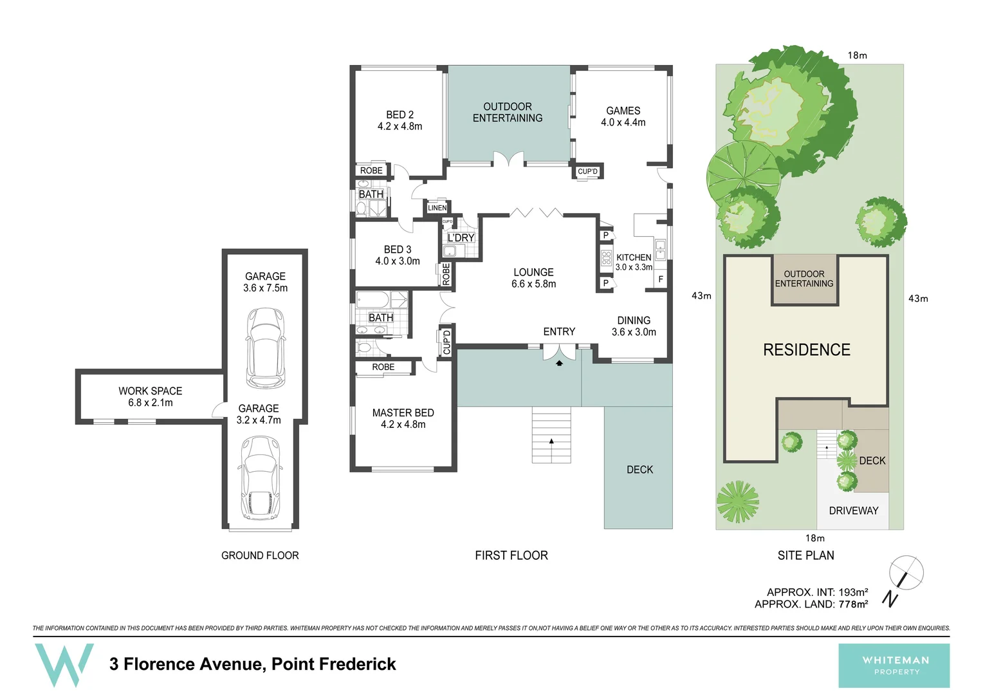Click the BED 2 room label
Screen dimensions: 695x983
click(x=400, y=120)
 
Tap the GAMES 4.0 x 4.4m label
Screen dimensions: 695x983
click(x=623, y=116)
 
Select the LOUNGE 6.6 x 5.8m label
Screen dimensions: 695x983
click(x=533, y=278)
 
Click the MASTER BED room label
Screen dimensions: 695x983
click(x=403, y=418)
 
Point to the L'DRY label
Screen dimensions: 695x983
click(x=461, y=238)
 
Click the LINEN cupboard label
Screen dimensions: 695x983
click(x=437, y=208)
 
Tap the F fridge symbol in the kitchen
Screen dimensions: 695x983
click(x=660, y=279)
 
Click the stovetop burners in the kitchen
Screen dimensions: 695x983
click(x=606, y=258)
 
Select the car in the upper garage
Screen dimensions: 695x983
click(x=265, y=347)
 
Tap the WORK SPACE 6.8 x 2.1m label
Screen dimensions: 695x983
click(x=150, y=396)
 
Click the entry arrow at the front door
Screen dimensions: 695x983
click(x=559, y=363)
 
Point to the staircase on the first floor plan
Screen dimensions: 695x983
click(x=551, y=434)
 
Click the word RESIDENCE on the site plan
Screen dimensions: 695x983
click(x=806, y=350)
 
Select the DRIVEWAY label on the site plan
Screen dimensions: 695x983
click(x=853, y=510)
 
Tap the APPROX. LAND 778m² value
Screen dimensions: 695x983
click(x=852, y=604)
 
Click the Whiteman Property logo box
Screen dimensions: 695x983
click(x=894, y=665)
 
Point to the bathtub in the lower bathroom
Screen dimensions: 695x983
click(x=372, y=300)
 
